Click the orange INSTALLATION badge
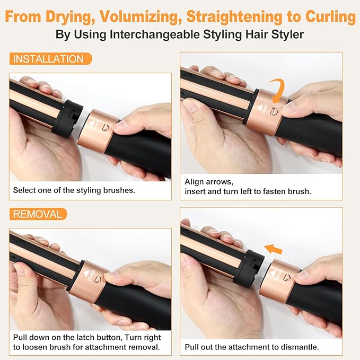[x=50, y=59]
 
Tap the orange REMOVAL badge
[x=38, y=214]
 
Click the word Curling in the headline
[x=330, y=16]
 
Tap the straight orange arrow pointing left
[x=273, y=249]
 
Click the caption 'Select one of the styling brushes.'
[x=74, y=190]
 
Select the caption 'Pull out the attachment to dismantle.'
[x=252, y=347]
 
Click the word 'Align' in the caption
[x=195, y=182]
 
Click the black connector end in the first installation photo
[x=67, y=119]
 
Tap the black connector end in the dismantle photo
[x=249, y=269]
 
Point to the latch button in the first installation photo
[x=105, y=128]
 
